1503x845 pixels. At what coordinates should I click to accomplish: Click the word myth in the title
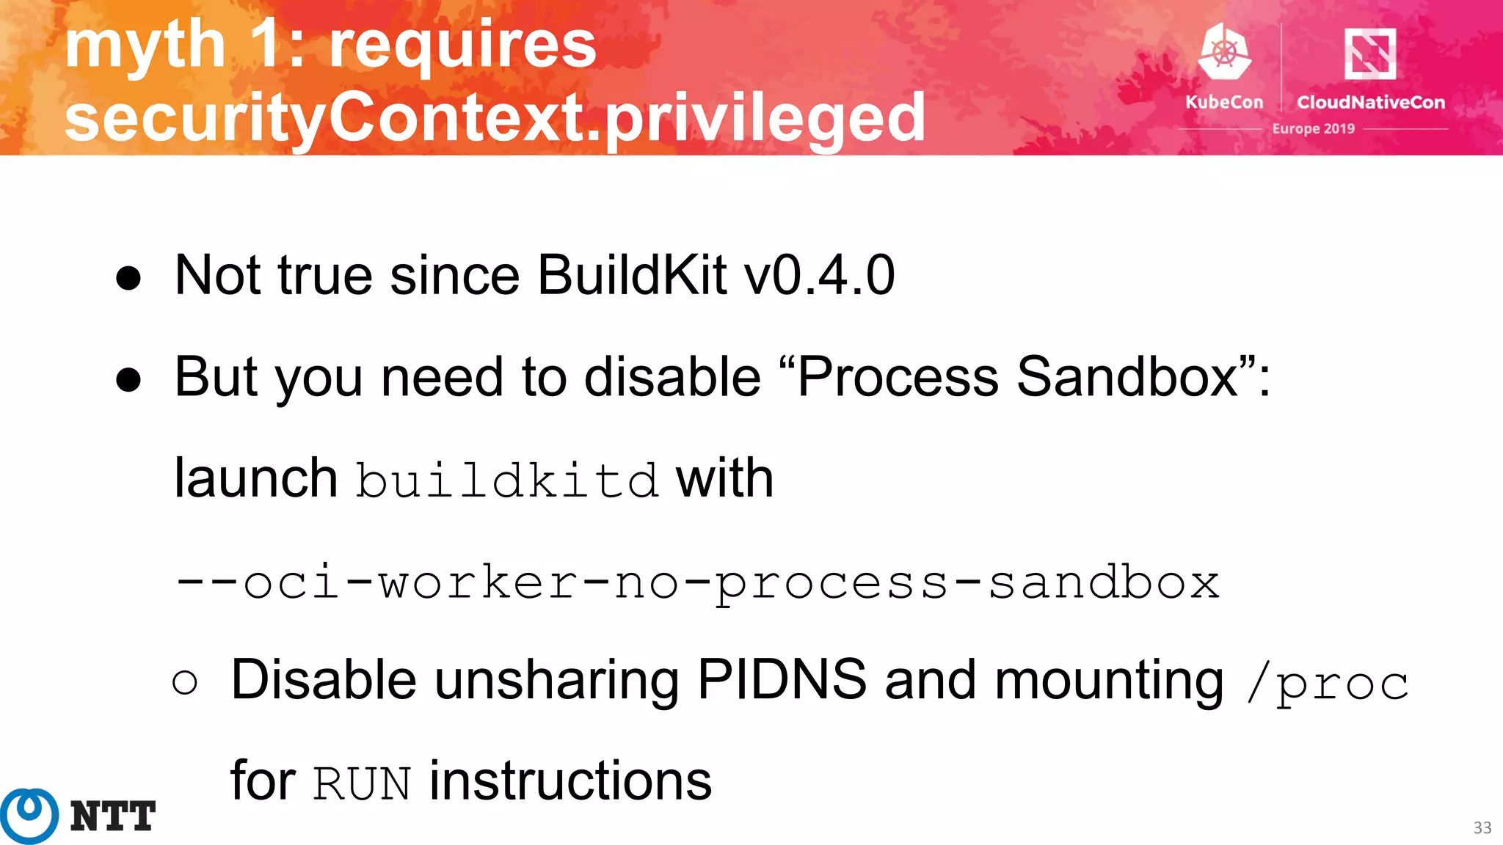tap(145, 45)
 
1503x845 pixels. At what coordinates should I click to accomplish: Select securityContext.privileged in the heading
tap(495, 117)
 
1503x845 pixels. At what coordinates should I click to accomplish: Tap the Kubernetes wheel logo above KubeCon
tap(1223, 52)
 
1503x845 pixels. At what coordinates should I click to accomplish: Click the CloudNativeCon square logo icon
tap(1369, 54)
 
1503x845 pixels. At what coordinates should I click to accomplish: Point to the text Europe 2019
tap(1313, 129)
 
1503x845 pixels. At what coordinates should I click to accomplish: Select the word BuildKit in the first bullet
tap(632, 276)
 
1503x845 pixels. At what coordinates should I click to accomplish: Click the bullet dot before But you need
tap(128, 380)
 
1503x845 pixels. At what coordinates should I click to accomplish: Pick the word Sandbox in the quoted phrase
tap(1127, 377)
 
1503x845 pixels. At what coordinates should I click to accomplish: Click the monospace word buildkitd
tap(507, 481)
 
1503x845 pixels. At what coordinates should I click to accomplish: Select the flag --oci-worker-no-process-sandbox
tap(697, 583)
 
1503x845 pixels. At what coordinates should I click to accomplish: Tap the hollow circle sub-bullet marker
tap(185, 683)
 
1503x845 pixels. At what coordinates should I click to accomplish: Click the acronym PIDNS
tap(782, 680)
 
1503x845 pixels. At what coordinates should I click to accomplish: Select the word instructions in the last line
tap(570, 781)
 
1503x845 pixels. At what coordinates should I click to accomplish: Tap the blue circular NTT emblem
tap(29, 816)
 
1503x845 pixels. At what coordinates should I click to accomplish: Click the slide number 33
tap(1482, 828)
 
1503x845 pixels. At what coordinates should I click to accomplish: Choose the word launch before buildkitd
tap(255, 478)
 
